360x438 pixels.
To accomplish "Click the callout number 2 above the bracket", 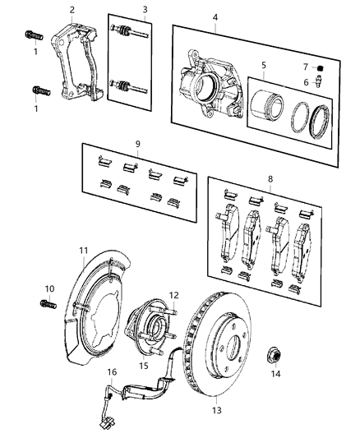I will coord(72,10).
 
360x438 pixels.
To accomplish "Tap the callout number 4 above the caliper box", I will coord(215,17).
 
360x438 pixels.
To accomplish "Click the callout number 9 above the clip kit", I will coord(137,144).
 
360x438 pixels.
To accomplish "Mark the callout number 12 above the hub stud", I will coord(173,295).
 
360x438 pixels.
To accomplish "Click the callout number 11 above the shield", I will coord(83,251).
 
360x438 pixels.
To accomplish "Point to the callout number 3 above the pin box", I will coord(145,11).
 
